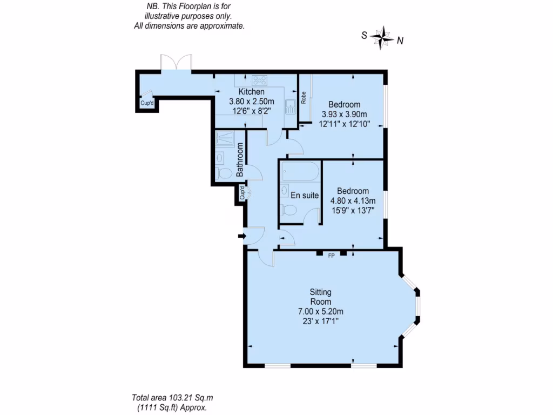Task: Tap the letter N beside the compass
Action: point(400,40)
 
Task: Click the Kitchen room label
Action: point(252,92)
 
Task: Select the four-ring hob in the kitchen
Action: point(260,81)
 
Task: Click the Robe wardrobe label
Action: point(304,97)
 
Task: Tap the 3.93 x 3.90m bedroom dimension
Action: point(344,114)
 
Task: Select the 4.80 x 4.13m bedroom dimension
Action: point(353,200)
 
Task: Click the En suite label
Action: point(305,196)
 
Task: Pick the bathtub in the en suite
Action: point(300,172)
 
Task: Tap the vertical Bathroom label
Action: point(241,160)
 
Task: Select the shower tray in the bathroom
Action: point(226,140)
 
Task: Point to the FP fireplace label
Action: point(331,256)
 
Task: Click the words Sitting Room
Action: point(321,297)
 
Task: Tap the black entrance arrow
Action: point(240,235)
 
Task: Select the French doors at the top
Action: point(177,63)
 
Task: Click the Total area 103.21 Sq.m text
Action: point(170,395)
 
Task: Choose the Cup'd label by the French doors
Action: point(147,103)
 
